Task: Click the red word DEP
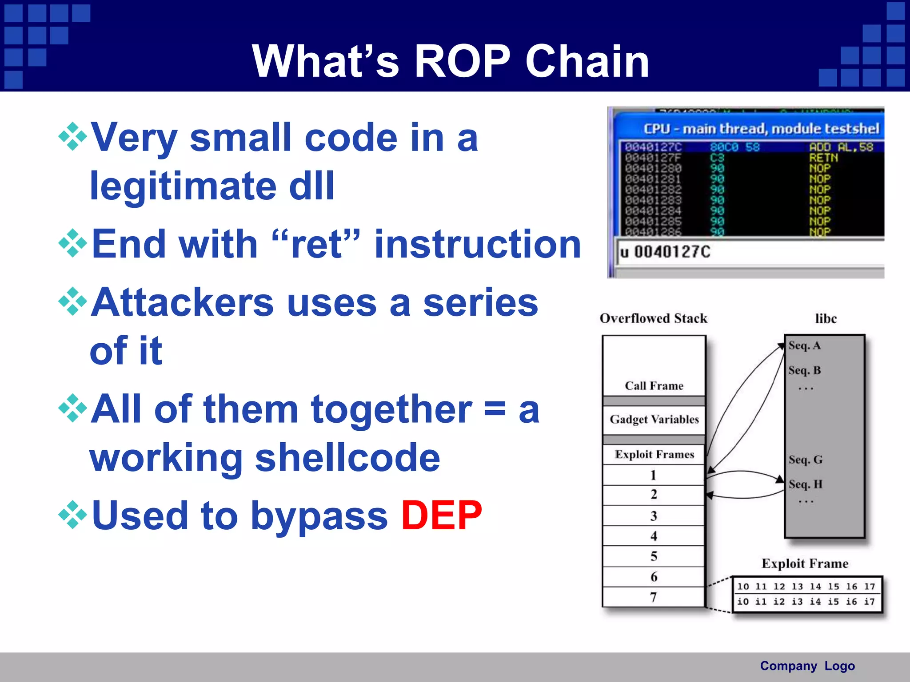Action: click(x=441, y=515)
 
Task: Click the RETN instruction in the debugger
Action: click(x=823, y=158)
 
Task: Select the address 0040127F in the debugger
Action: click(x=653, y=158)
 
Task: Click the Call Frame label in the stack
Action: click(x=654, y=385)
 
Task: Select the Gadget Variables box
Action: click(x=654, y=419)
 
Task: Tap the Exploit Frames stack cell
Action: click(x=654, y=454)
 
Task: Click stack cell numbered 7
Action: click(x=653, y=597)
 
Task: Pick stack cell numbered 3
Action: click(x=653, y=515)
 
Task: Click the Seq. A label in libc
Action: click(x=804, y=345)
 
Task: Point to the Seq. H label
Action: click(x=805, y=484)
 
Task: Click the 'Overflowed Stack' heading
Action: click(x=653, y=318)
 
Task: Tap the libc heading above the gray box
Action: click(x=826, y=318)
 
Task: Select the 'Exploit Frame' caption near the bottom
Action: click(x=805, y=563)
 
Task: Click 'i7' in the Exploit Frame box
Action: click(x=869, y=602)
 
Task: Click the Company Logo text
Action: click(x=807, y=666)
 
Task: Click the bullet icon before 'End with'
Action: click(x=72, y=244)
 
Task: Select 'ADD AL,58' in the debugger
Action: click(x=841, y=147)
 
